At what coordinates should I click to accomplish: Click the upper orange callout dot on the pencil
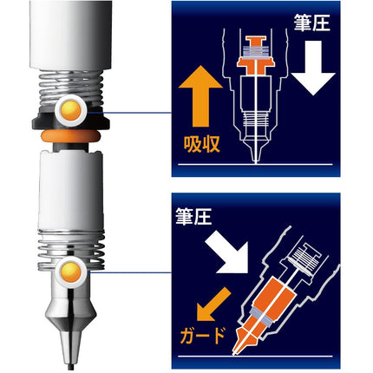[71, 110]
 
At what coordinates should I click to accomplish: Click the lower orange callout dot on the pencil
[71, 272]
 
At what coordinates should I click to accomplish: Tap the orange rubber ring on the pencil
[71, 136]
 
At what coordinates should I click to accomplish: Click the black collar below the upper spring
[71, 121]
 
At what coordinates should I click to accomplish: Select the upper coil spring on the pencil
[71, 88]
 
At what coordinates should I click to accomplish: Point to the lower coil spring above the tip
[71, 250]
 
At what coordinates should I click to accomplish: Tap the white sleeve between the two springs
[71, 189]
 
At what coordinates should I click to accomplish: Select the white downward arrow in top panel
[313, 68]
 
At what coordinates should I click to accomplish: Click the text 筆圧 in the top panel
[311, 23]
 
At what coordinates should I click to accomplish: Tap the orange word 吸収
[202, 143]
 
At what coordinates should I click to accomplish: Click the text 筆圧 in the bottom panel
[193, 216]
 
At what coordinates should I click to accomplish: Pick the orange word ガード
[203, 336]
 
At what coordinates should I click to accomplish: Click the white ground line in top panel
[256, 165]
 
